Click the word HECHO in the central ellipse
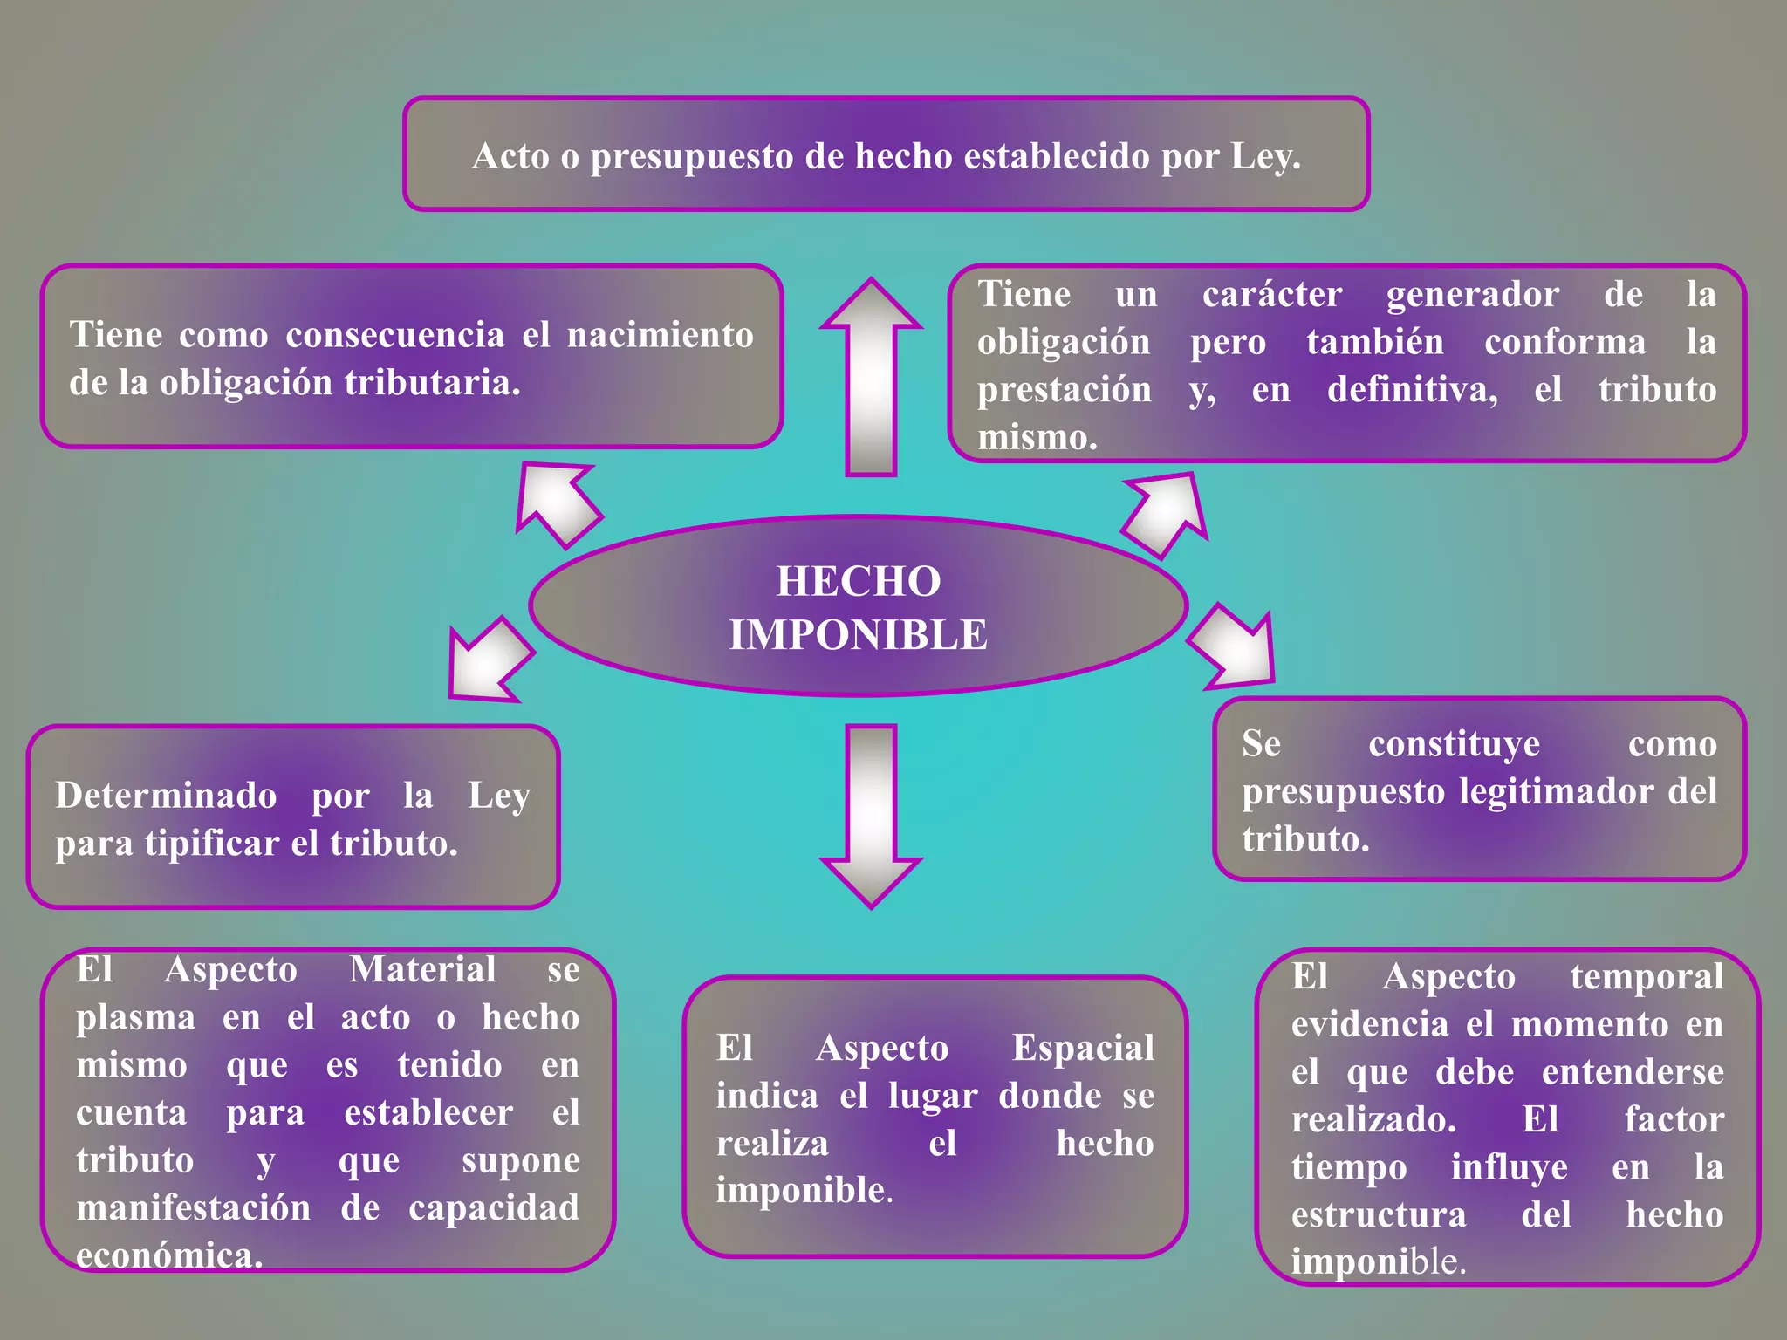pyautogui.click(x=859, y=581)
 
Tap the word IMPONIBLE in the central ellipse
pyautogui.click(x=859, y=634)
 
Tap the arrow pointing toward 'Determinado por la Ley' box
pyautogui.click(x=489, y=660)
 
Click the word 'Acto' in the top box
pyautogui.click(x=510, y=157)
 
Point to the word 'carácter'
pyautogui.click(x=1272, y=295)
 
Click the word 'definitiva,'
pyautogui.click(x=1413, y=390)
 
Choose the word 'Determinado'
pyautogui.click(x=166, y=796)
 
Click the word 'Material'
pyautogui.click(x=422, y=970)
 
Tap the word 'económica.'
pyautogui.click(x=169, y=1256)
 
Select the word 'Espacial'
pyautogui.click(x=1083, y=1049)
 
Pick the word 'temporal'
pyautogui.click(x=1647, y=977)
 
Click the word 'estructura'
pyautogui.click(x=1379, y=1215)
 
